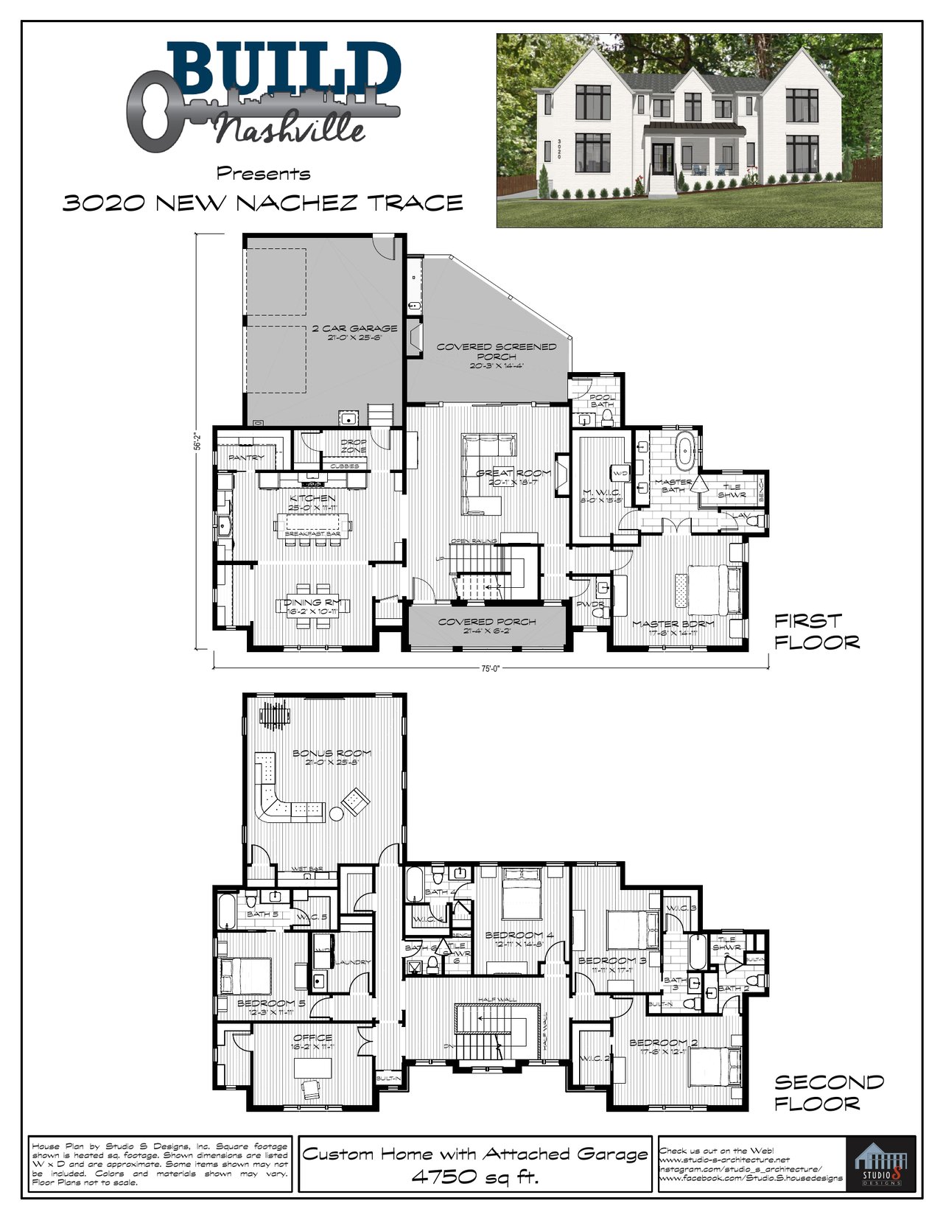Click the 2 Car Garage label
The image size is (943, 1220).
354,329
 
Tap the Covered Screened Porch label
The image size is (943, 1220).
497,351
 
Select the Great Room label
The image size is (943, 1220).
513,473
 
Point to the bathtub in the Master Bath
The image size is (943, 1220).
685,451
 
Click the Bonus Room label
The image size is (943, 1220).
332,754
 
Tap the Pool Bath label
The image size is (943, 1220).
602,401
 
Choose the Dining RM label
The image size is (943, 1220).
313,603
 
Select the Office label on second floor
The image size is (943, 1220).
313,1038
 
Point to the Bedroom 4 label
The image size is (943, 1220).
519,936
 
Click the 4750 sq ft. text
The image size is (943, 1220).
475,1177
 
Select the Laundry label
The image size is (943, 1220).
353,962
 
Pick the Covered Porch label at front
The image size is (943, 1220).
487,622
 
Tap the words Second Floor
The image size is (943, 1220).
828,1093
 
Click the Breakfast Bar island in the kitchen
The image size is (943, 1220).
313,526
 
